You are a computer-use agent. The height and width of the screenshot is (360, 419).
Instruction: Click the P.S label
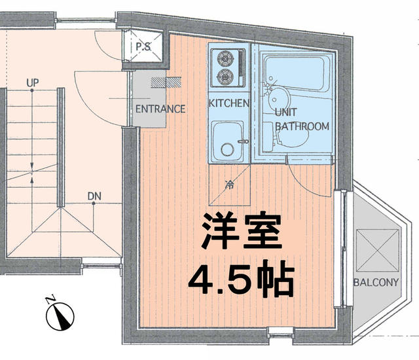(143, 47)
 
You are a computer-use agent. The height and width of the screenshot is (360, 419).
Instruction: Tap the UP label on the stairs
(32, 83)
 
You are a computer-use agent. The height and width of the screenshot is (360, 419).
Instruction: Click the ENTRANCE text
(160, 109)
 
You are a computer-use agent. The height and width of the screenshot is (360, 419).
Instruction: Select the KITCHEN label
(228, 103)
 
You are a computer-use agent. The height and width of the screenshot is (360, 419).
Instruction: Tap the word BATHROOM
(301, 126)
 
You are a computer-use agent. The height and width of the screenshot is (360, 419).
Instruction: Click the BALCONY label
(375, 283)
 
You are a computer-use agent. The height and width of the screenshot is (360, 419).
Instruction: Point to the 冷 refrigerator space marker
(229, 185)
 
